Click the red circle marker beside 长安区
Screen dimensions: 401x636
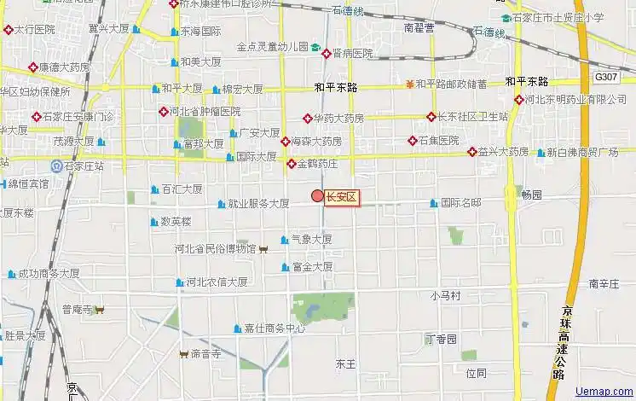[x=317, y=197]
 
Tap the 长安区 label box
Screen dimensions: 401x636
[x=341, y=197]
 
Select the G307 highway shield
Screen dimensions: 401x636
[x=606, y=77]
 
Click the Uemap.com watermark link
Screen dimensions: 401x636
[x=604, y=391]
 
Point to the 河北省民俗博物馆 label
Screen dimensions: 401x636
[x=215, y=249]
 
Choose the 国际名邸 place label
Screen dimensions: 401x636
[x=460, y=203]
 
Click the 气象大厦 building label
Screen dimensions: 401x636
[x=311, y=240]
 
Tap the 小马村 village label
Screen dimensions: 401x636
[x=445, y=296]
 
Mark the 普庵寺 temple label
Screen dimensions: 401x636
[x=77, y=310]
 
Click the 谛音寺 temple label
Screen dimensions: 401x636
[x=205, y=353]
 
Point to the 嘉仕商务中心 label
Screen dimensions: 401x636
[x=275, y=328]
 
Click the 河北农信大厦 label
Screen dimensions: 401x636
[x=217, y=282]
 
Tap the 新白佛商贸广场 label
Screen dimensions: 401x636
[x=581, y=153]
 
